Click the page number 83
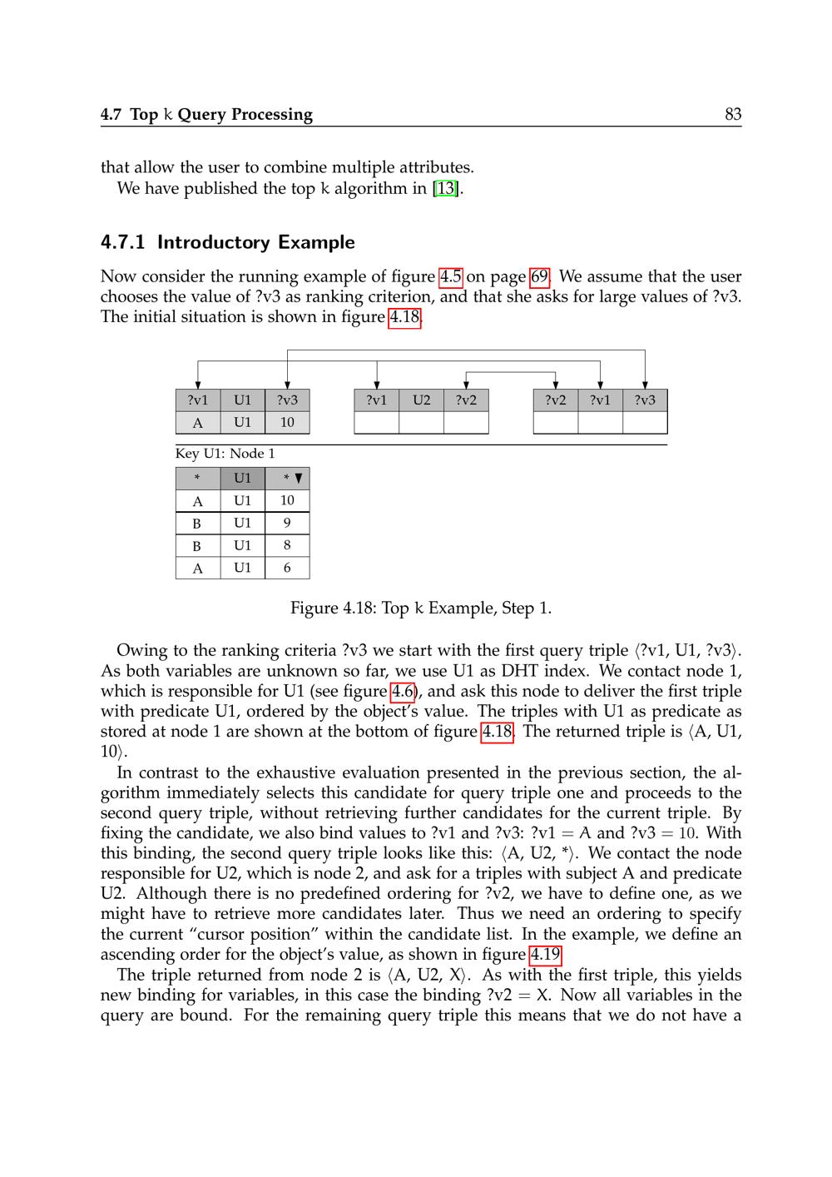[x=732, y=115]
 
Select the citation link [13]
[x=446, y=188]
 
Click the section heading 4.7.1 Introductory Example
[x=227, y=242]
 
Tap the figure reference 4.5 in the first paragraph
[x=451, y=276]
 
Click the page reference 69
[x=539, y=276]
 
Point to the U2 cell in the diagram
[x=422, y=400]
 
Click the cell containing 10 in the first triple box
[x=287, y=422]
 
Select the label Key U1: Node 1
[x=225, y=454]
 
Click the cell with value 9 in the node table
[x=287, y=523]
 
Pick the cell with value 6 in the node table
[x=287, y=568]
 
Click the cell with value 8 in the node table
[x=287, y=545]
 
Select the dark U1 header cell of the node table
[x=242, y=479]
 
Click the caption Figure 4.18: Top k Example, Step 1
[x=420, y=608]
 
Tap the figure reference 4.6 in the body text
[x=403, y=691]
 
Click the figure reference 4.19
[x=545, y=955]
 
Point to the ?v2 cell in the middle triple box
[x=466, y=400]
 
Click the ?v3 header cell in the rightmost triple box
[x=645, y=400]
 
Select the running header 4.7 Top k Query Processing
[x=206, y=115]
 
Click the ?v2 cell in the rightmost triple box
[x=556, y=400]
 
